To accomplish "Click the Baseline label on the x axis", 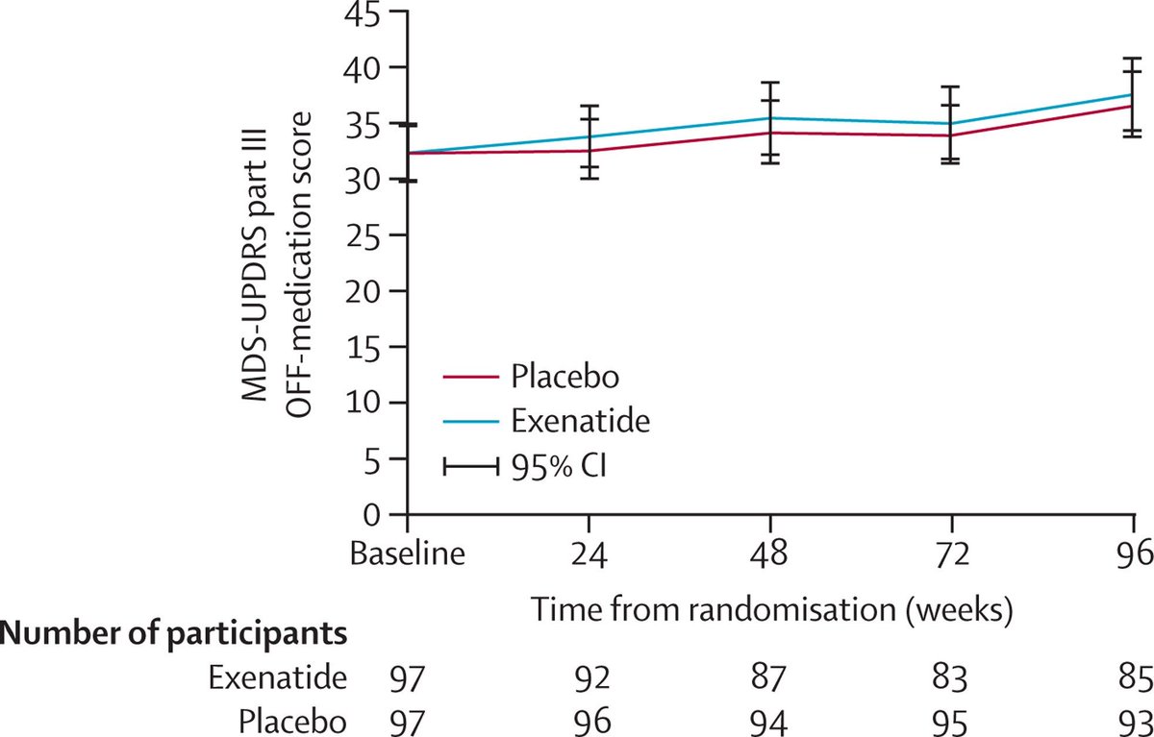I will coord(409,554).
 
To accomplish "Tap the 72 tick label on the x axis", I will coord(950,554).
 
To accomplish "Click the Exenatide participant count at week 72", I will coord(950,678).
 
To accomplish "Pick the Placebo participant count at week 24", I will coord(589,721).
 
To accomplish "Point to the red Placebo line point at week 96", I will coord(1132,105).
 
